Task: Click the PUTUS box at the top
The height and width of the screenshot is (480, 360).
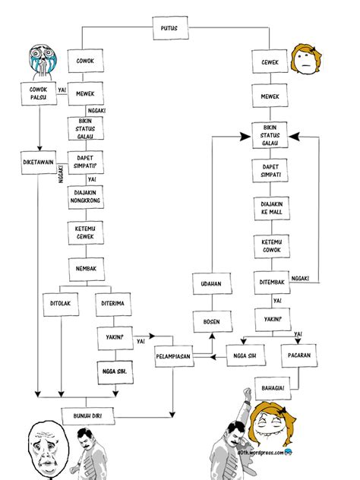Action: (x=169, y=28)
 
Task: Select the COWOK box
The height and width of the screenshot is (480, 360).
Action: (x=85, y=60)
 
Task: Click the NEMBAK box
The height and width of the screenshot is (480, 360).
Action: (x=85, y=268)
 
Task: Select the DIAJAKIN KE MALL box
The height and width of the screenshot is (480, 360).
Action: (x=270, y=209)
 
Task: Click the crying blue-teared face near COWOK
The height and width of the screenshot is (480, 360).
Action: (x=38, y=58)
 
